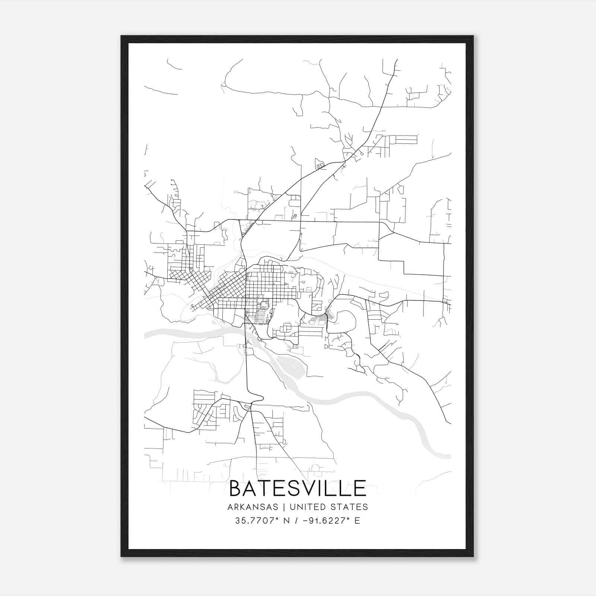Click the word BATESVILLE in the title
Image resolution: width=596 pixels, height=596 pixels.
(298, 488)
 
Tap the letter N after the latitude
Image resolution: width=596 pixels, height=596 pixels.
(287, 521)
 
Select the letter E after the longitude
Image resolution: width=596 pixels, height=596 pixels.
(357, 521)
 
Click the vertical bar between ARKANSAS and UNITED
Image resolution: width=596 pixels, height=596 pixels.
(284, 507)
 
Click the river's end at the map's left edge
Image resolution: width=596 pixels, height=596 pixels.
(146, 335)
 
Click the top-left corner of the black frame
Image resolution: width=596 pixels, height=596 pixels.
(122, 37)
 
